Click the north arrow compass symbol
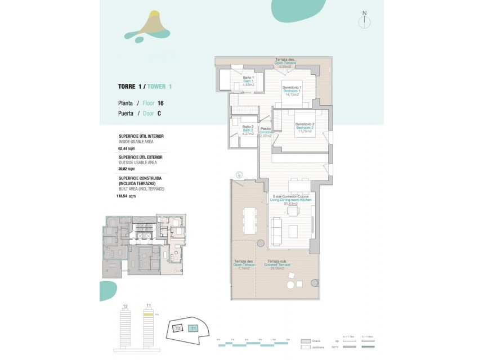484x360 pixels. (x=365, y=20)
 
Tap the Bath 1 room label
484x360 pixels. (x=248, y=80)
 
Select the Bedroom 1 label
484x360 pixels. (x=292, y=91)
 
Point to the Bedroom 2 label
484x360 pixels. (x=304, y=127)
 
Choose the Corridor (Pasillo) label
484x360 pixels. (x=266, y=132)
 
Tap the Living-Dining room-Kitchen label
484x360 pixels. (x=290, y=200)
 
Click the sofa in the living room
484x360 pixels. (x=277, y=231)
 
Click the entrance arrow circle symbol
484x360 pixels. (x=239, y=175)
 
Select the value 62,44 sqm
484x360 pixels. (x=127, y=148)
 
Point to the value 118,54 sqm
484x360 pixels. (x=128, y=196)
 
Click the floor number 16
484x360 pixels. (x=160, y=103)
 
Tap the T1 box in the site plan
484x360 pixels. (x=193, y=328)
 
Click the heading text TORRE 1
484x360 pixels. (x=130, y=87)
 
